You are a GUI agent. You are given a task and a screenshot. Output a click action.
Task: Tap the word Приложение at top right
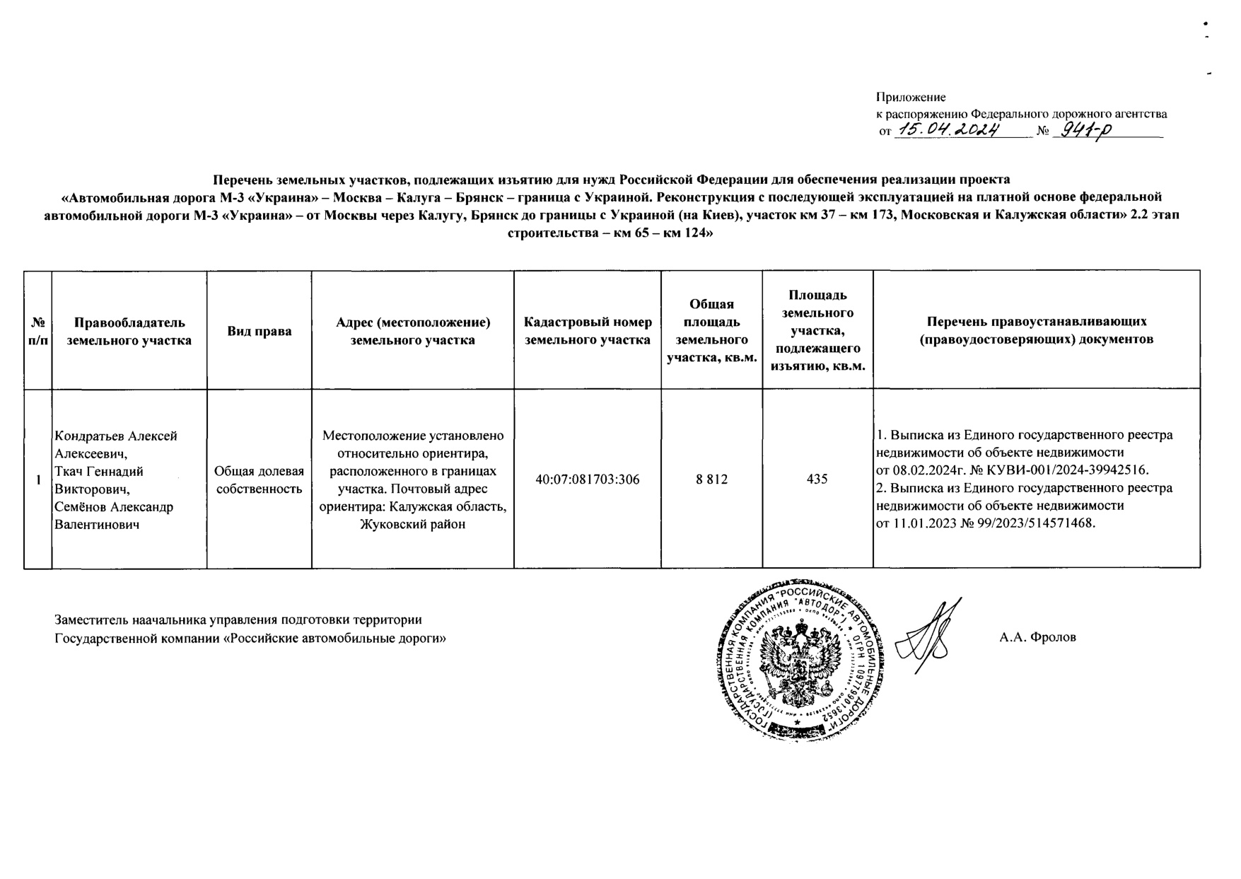coord(911,97)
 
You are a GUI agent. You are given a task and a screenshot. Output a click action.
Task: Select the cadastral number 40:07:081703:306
coord(587,479)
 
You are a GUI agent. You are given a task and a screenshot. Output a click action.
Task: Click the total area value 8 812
coord(711,479)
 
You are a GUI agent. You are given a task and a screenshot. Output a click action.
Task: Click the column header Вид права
coord(259,331)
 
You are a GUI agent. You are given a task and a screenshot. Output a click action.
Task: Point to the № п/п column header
coord(37,331)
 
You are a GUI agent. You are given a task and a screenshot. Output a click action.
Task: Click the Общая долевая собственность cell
coord(259,479)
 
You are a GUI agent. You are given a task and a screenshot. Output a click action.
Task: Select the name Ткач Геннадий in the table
coord(99,471)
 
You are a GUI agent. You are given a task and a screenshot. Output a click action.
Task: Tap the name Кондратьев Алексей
coord(116,436)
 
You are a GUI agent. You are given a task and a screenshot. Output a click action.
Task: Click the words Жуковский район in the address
coord(412,524)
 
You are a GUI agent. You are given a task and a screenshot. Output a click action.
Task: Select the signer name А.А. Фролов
coord(1037,637)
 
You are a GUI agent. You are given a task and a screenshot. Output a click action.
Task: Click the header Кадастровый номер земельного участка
coord(587,331)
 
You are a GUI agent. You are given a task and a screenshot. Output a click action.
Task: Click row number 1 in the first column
coord(37,479)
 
